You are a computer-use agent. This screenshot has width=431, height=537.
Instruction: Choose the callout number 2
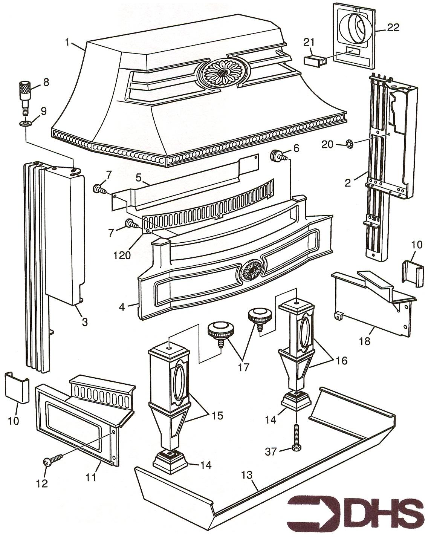coord(348,183)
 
